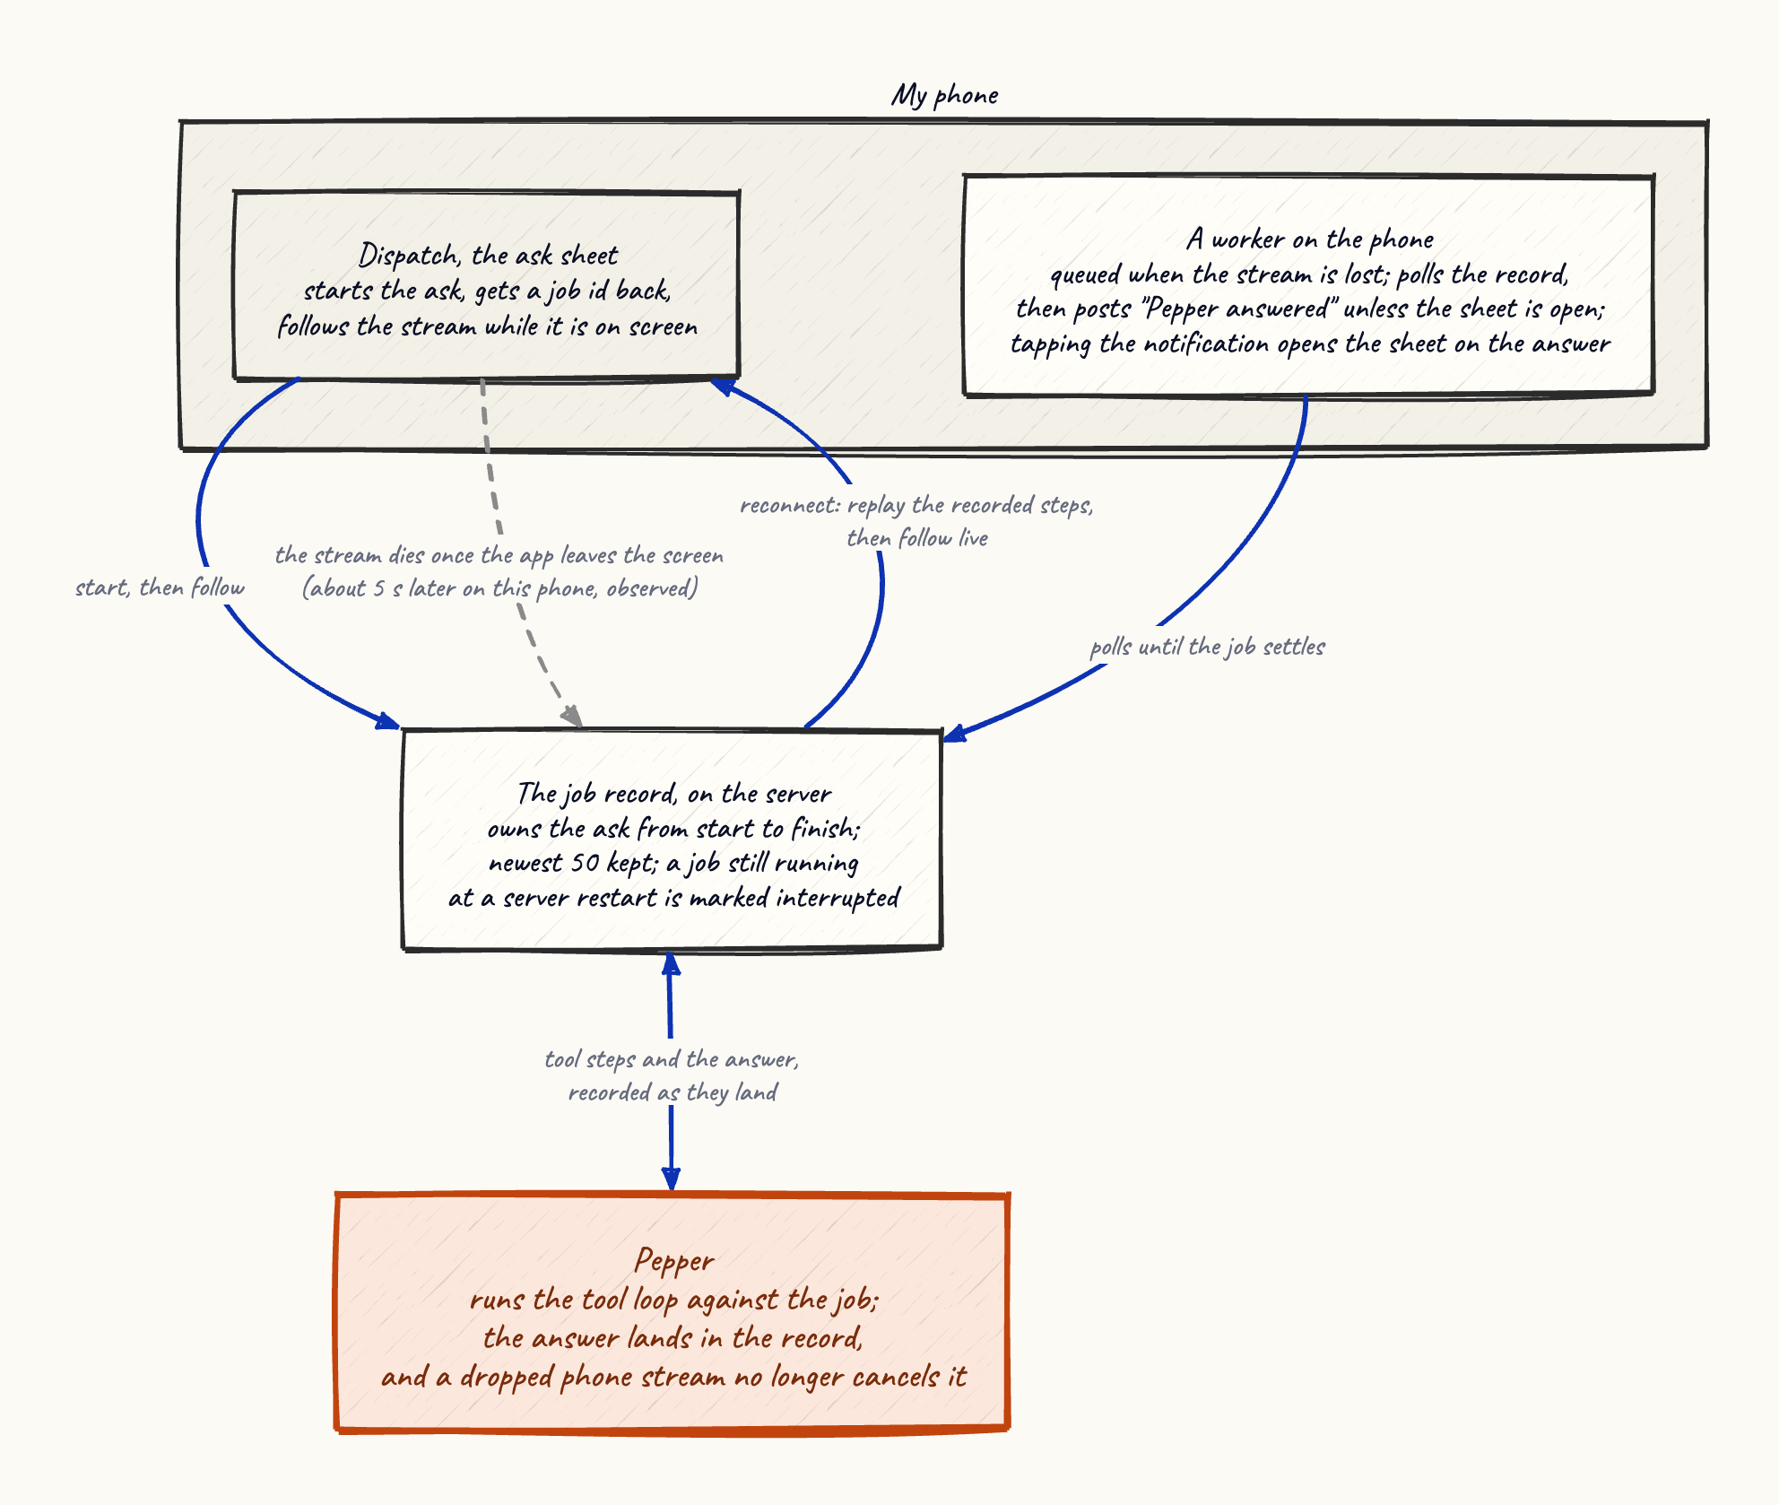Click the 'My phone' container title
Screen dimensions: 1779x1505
[x=944, y=95]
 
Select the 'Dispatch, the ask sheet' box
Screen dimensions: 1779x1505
[x=487, y=284]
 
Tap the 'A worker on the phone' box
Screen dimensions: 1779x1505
[x=1308, y=285]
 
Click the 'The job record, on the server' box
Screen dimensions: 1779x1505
[x=673, y=839]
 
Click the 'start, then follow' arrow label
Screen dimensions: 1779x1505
[x=160, y=587]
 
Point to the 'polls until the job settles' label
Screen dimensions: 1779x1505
[x=1207, y=647]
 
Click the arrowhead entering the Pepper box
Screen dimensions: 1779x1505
[x=671, y=1180]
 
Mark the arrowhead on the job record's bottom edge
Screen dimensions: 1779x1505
[x=671, y=963]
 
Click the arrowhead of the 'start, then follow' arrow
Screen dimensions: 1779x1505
[x=388, y=721]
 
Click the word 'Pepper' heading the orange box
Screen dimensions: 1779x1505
[x=674, y=1260]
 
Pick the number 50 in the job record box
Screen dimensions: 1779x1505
[x=585, y=863]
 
